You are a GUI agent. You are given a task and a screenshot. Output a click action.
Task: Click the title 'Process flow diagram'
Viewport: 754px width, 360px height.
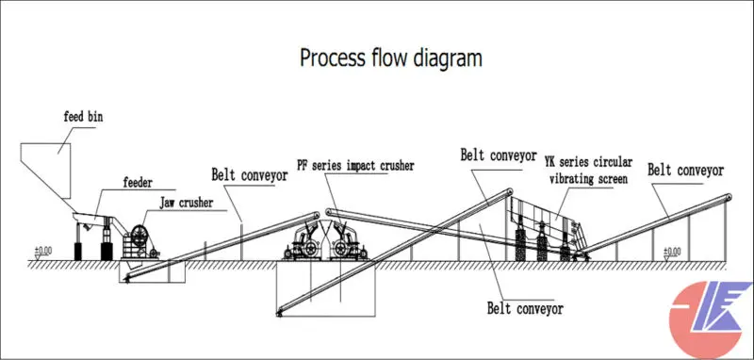390,57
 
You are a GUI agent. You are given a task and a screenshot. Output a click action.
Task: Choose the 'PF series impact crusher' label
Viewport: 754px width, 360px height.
353,167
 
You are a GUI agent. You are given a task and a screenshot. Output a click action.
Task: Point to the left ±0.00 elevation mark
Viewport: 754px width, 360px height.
43,252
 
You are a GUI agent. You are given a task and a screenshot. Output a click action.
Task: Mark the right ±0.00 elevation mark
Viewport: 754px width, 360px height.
670,251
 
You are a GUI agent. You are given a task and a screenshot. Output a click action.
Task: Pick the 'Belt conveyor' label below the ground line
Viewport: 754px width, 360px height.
524,307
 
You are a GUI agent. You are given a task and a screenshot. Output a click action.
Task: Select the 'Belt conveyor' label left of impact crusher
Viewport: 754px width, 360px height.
247,173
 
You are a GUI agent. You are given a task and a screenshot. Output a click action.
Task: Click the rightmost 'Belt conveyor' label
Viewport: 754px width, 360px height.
685,171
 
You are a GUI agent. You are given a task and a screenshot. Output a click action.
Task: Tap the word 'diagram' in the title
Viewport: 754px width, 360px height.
447,57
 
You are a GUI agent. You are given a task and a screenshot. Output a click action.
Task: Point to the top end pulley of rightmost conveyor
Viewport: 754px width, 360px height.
729,196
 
